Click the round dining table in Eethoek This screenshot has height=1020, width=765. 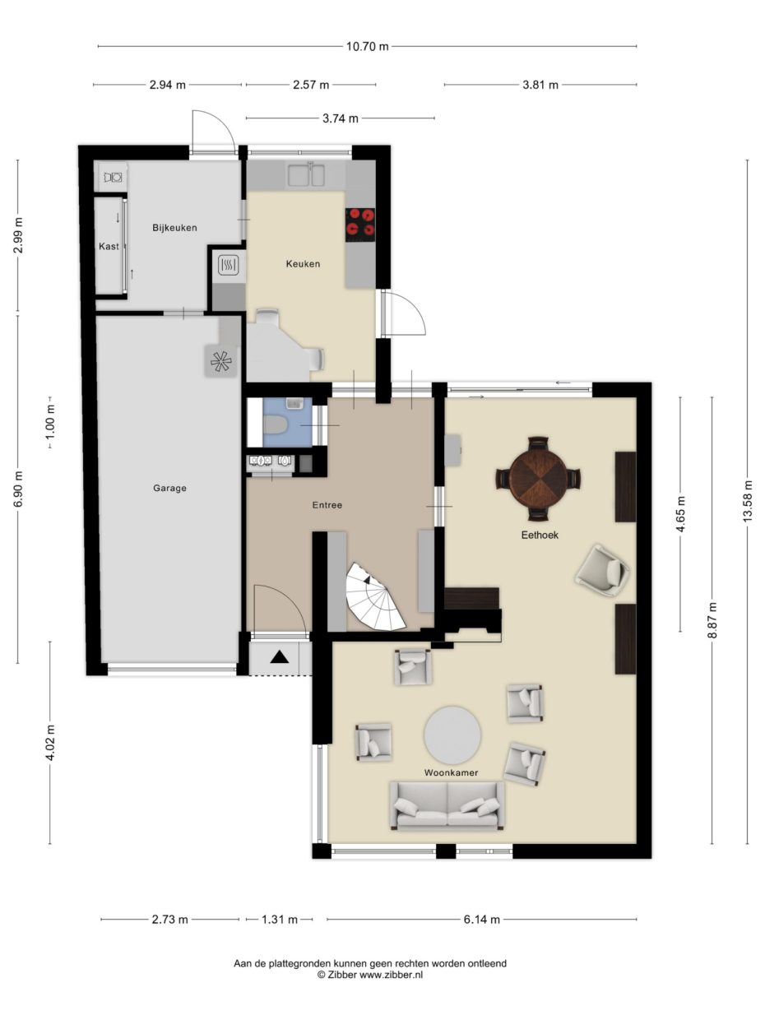click(538, 479)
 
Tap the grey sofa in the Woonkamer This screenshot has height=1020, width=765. click(447, 804)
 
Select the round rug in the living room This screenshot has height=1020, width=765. click(452, 735)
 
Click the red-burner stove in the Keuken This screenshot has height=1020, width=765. click(360, 225)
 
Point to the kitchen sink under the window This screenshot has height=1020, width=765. click(306, 175)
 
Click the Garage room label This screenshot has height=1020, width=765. click(169, 488)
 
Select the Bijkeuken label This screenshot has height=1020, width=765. click(174, 228)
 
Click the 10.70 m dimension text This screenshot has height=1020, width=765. click(367, 46)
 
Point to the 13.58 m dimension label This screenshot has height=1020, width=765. click(747, 500)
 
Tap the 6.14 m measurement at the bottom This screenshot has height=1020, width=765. click(481, 920)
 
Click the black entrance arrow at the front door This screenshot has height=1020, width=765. click(280, 656)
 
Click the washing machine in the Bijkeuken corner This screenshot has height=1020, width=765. click(113, 176)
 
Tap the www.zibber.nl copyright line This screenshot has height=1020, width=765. click(370, 975)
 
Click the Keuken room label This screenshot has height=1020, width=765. click(302, 264)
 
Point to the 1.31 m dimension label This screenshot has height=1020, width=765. click(280, 920)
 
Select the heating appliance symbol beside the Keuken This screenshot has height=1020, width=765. click(228, 264)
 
